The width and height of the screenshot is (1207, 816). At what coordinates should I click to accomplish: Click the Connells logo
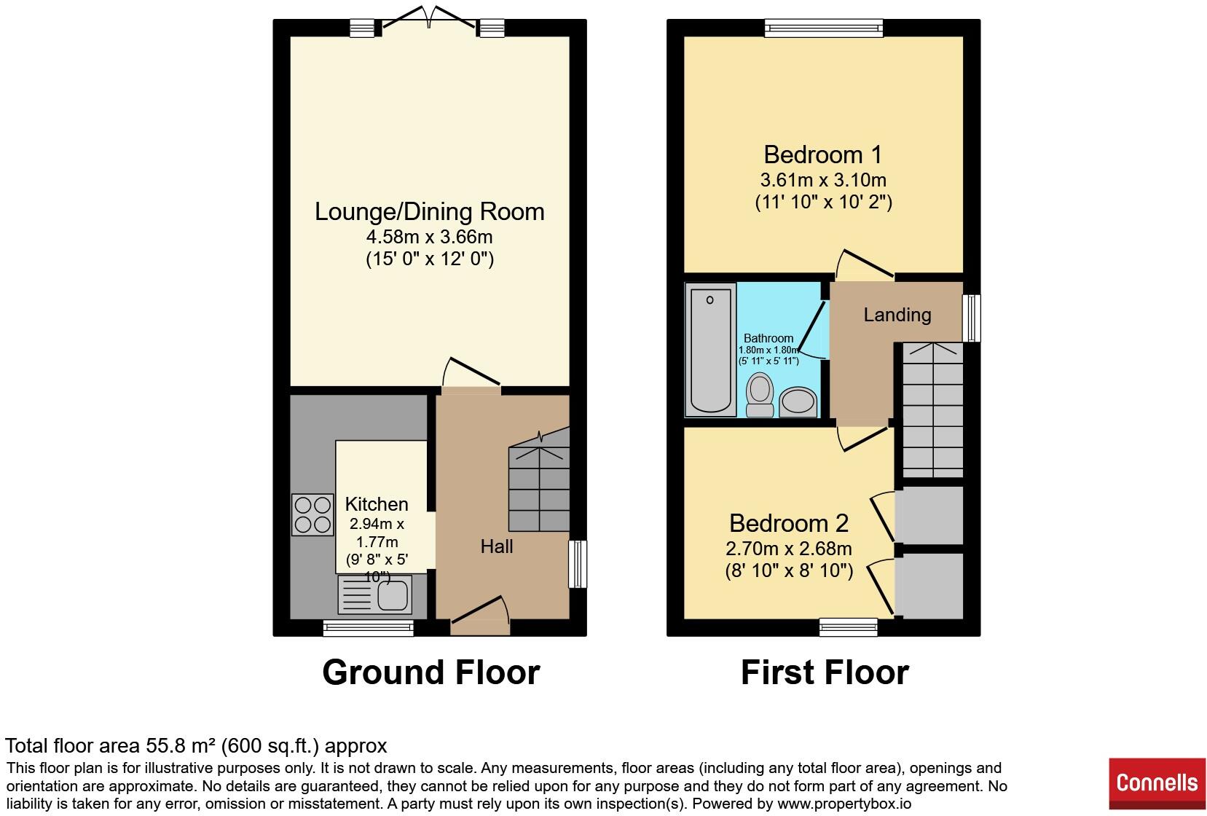click(x=1156, y=783)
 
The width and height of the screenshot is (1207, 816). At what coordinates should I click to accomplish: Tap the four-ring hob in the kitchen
click(x=312, y=514)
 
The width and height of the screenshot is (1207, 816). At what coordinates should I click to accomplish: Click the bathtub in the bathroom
click(x=710, y=349)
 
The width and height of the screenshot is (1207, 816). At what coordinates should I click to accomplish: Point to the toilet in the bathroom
click(x=760, y=394)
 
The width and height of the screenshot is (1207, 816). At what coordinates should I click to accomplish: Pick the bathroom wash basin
click(x=798, y=401)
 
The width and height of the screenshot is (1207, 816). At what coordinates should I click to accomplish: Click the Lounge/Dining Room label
click(x=429, y=211)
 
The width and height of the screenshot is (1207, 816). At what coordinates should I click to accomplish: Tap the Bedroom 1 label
click(x=822, y=154)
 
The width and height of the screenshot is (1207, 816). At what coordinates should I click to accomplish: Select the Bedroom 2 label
click(x=788, y=523)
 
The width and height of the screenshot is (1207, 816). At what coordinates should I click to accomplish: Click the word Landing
click(x=897, y=315)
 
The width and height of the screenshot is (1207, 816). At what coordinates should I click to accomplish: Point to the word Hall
click(x=496, y=546)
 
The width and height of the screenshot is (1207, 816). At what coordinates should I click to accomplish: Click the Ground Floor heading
click(x=430, y=672)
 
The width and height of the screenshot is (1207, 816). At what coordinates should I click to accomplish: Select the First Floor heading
click(x=825, y=672)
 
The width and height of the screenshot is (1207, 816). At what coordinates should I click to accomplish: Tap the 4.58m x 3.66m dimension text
click(x=429, y=237)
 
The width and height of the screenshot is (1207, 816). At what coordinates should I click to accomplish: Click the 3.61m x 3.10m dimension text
click(x=822, y=179)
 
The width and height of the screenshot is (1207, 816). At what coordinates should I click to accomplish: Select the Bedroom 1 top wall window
click(x=823, y=28)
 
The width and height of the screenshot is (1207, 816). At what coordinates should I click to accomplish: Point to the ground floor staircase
click(x=538, y=484)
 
